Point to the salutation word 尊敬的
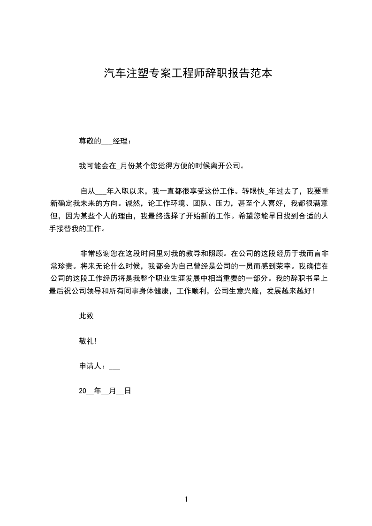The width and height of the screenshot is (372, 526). coord(90,141)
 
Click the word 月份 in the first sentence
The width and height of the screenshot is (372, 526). coord(128,165)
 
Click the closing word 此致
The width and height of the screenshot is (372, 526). coord(86,316)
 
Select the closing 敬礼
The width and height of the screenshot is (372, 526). coord(86,341)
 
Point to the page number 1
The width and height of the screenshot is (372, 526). coord(186,500)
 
